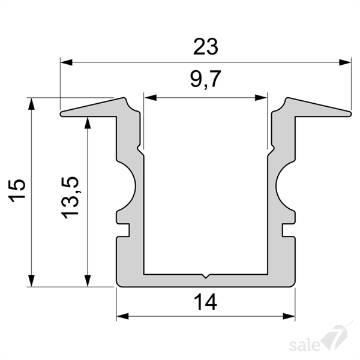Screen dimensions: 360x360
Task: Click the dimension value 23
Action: tap(205, 47)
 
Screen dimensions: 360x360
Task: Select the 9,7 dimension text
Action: tap(206, 79)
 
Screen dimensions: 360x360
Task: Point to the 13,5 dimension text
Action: tap(70, 197)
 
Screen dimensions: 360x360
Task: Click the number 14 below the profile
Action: tap(205, 302)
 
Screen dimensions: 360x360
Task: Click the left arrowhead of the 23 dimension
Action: tap(67, 62)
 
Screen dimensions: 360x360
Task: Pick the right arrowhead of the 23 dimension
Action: tap(345, 62)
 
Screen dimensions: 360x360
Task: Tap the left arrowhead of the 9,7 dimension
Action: tap(151, 98)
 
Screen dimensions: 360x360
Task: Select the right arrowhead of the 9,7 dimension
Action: tap(261, 98)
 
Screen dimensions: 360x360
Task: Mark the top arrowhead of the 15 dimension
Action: tap(31, 104)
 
